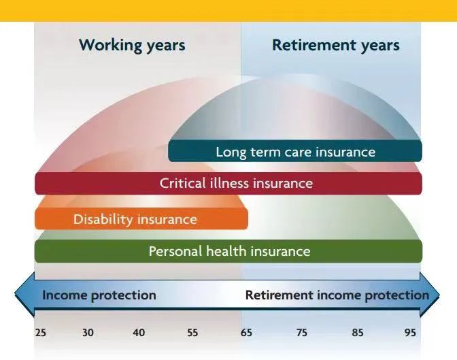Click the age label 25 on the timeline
(x=41, y=333)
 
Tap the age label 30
(x=88, y=333)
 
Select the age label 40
(x=139, y=333)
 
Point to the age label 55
(x=192, y=333)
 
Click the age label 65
(x=246, y=333)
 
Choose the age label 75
(x=302, y=333)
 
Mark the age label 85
(x=358, y=333)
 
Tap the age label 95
(x=410, y=333)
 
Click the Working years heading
(x=132, y=46)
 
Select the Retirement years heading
(x=336, y=46)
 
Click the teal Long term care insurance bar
(x=295, y=151)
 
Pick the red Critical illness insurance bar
(x=228, y=183)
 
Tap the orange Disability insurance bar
(x=141, y=219)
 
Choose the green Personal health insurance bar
(x=228, y=251)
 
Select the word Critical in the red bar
(x=182, y=183)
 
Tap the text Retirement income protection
(x=337, y=295)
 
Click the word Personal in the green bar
(x=175, y=251)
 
